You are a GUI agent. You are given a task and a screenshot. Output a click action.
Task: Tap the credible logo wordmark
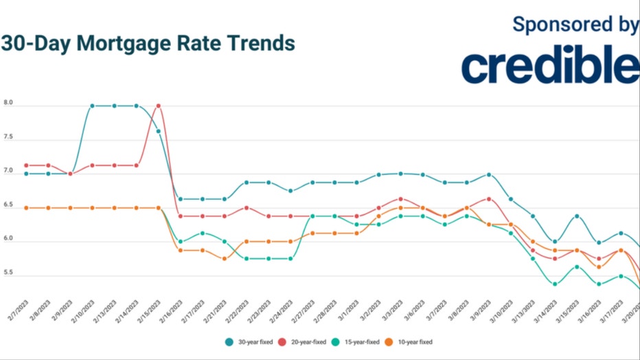(549, 65)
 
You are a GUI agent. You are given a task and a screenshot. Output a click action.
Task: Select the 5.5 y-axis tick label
(8, 273)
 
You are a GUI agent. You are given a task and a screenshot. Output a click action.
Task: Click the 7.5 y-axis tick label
(8, 137)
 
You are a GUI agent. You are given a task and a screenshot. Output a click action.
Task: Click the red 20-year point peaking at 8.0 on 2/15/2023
(159, 106)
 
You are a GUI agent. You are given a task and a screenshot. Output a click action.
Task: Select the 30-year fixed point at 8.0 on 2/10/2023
(92, 106)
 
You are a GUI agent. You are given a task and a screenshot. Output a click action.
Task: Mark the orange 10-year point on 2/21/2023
(225, 259)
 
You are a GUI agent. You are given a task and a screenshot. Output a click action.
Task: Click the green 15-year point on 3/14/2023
(555, 284)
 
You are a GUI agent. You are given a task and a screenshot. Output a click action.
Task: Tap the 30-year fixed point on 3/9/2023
(489, 175)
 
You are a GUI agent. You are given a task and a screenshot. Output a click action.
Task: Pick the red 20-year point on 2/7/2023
(26, 166)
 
